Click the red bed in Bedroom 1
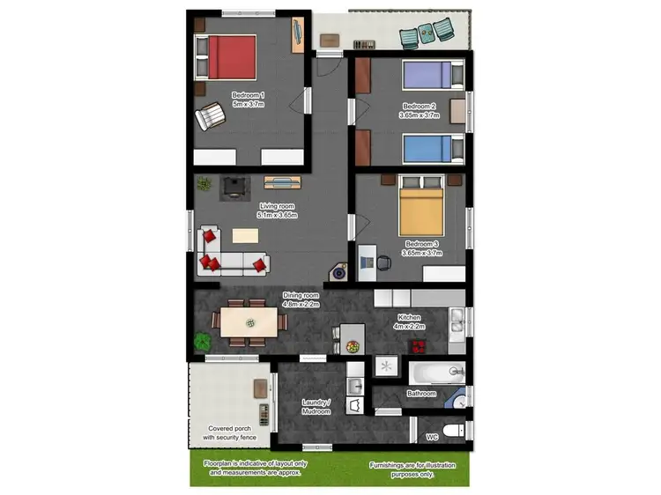[227, 56]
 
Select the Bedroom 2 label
[420, 110]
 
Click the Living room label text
[277, 210]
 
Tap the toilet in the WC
[453, 431]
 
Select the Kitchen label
[409, 321]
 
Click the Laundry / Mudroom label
[316, 407]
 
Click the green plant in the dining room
[204, 339]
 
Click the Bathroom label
[421, 394]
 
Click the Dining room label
[301, 299]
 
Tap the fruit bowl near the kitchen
[354, 345]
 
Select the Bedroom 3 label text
[421, 248]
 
